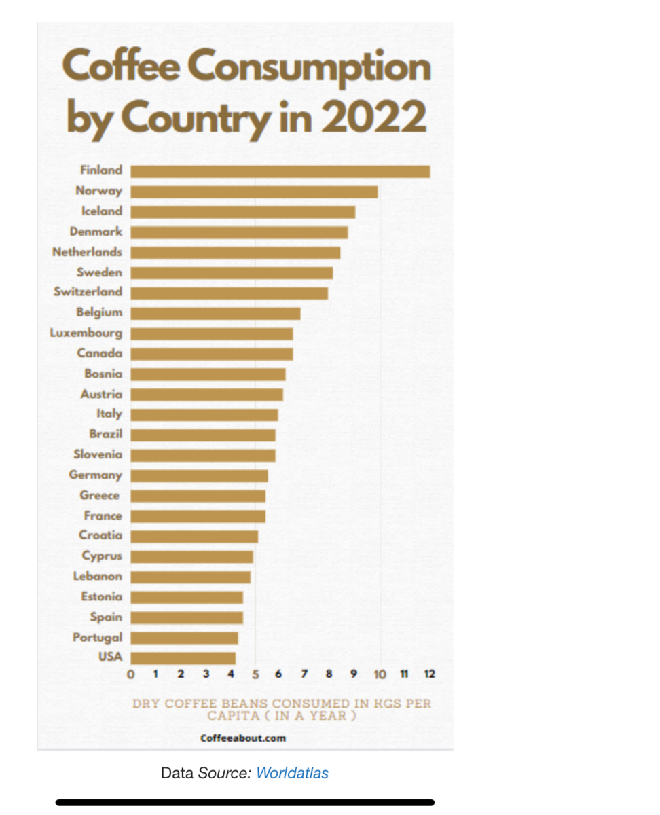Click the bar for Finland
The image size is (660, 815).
280,171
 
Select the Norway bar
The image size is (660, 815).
254,192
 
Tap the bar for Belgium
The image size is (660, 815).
215,313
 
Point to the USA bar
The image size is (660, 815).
183,658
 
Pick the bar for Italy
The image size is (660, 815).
204,414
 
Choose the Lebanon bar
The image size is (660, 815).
190,577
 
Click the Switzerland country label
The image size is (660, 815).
88,292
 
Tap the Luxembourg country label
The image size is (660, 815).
86,333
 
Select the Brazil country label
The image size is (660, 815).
106,434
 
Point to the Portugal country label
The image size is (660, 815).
98,638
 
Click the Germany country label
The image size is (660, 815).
96,475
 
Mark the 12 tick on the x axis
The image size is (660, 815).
429,674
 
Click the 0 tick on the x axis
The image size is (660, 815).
131,674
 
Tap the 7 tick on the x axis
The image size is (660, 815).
304,674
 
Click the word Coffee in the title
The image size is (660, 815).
121,67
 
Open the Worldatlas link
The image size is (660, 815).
292,773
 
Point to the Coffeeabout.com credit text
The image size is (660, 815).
243,738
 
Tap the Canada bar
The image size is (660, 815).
212,354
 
